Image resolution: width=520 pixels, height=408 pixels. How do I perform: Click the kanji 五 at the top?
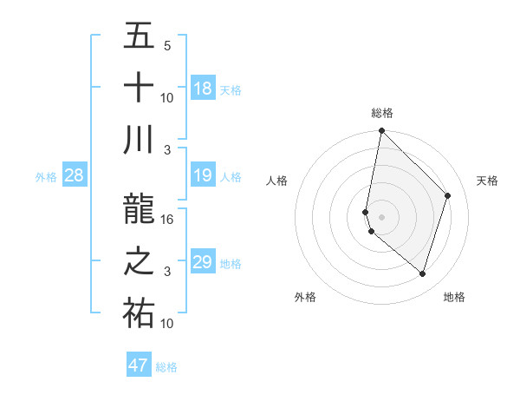pyautogui.click(x=139, y=36)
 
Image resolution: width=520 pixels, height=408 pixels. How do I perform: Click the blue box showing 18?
pyautogui.click(x=202, y=88)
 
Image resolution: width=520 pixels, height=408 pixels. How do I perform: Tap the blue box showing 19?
pyautogui.click(x=202, y=176)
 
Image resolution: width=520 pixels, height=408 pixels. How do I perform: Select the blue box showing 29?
pyautogui.click(x=202, y=262)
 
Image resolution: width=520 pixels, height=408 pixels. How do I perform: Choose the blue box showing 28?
pyautogui.click(x=75, y=176)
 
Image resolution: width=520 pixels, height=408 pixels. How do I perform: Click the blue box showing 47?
pyautogui.click(x=139, y=365)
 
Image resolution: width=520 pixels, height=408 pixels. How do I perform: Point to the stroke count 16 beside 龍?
pyautogui.click(x=168, y=220)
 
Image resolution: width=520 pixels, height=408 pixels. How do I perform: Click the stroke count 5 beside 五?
pyautogui.click(x=167, y=46)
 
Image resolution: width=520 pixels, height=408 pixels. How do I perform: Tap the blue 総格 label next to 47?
pyautogui.click(x=167, y=367)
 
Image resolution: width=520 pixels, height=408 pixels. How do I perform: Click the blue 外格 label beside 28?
pyautogui.click(x=46, y=177)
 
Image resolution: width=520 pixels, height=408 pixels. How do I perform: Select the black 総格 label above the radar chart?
pyautogui.click(x=382, y=113)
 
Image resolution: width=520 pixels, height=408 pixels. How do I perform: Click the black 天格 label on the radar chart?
pyautogui.click(x=487, y=181)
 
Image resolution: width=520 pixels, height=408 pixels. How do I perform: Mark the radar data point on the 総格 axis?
pyautogui.click(x=381, y=131)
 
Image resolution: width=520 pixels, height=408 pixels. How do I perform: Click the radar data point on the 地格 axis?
pyautogui.click(x=422, y=273)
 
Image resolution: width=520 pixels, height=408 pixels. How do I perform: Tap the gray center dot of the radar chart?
pyautogui.click(x=381, y=216)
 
